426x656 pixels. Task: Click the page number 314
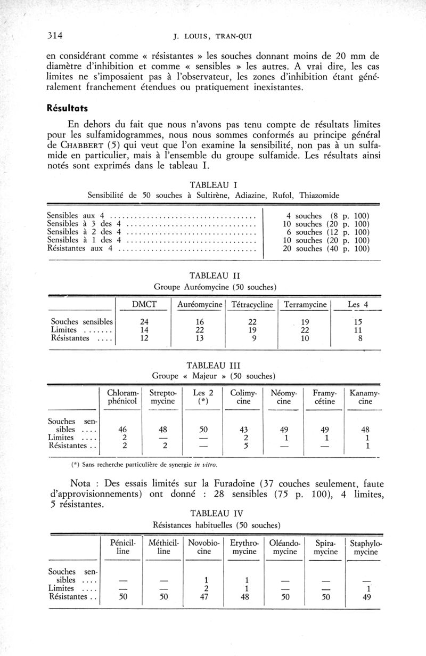[x=55, y=37]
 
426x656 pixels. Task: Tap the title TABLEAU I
[x=213, y=184]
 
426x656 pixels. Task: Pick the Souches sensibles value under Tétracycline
[x=253, y=321]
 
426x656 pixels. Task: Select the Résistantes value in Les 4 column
[x=358, y=338]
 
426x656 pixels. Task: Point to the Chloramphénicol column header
[x=122, y=397]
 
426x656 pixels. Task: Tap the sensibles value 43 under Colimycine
[x=243, y=429]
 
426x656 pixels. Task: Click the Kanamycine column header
[x=365, y=397]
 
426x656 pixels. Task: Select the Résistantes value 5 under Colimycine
[x=244, y=446]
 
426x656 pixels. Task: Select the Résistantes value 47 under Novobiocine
[x=206, y=597]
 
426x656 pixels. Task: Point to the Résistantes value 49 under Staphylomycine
[x=365, y=597]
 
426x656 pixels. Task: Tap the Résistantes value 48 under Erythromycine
[x=244, y=597]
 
